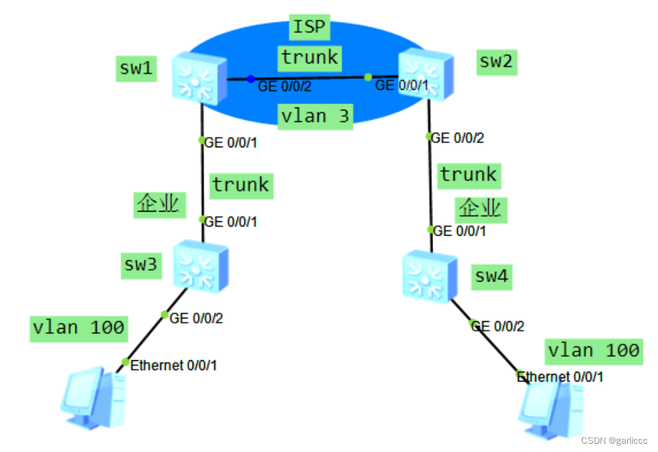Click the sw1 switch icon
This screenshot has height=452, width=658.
point(199,79)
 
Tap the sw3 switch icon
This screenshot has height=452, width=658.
point(200,264)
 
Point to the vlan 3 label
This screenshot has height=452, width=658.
point(315,116)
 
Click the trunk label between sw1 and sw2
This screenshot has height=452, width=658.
point(310,58)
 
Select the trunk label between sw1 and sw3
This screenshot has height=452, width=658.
point(241,185)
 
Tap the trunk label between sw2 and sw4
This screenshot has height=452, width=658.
point(469,175)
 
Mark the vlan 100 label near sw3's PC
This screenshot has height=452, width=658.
point(79,328)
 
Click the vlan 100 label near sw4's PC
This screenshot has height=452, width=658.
point(594,351)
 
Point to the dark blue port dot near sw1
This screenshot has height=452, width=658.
point(251,79)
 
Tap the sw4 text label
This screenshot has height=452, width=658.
point(492,276)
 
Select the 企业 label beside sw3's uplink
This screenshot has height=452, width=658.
point(159,203)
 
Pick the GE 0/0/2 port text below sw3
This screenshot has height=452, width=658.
point(196,318)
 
